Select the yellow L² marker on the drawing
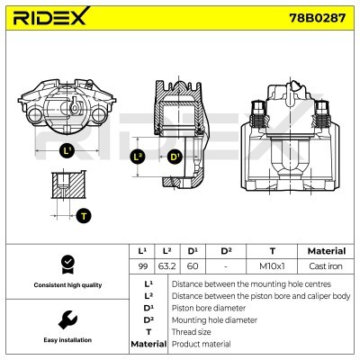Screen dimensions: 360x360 pyautogui.click(x=138, y=157)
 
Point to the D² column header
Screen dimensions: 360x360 pyautogui.click(x=226, y=251)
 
